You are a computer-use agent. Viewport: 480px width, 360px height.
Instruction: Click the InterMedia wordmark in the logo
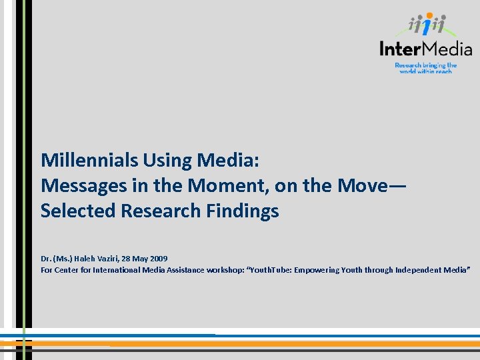coord(425,49)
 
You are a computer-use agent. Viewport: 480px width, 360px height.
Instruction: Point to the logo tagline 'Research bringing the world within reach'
coord(425,68)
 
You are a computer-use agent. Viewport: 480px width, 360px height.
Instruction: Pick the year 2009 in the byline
coord(159,259)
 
